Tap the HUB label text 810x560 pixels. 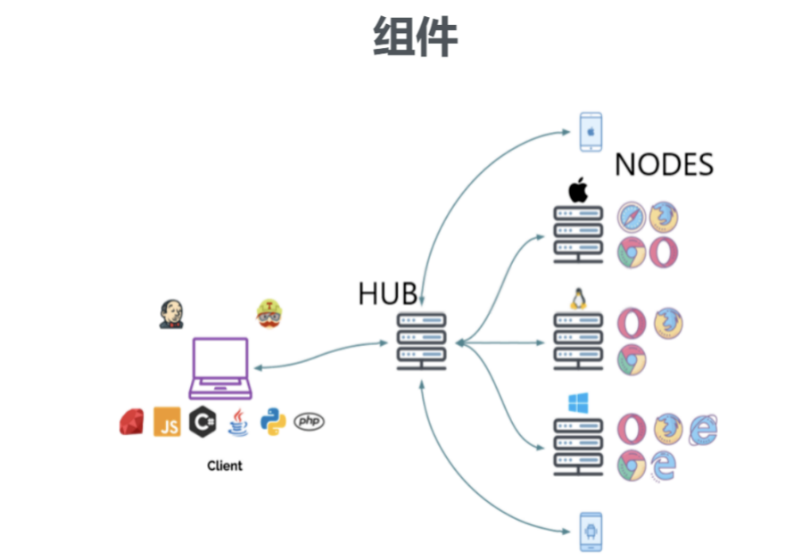click(x=387, y=294)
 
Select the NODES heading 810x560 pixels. click(x=665, y=165)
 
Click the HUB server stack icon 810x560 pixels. click(x=420, y=342)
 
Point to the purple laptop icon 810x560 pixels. click(x=221, y=367)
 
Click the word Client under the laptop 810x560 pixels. click(x=225, y=465)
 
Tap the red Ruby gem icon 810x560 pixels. click(x=131, y=422)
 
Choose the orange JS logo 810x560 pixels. click(x=167, y=422)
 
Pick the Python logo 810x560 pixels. click(x=273, y=421)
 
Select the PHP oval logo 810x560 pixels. click(x=309, y=421)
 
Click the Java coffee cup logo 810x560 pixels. click(x=237, y=422)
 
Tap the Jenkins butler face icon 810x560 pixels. click(x=171, y=313)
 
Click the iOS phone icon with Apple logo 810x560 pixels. click(x=591, y=131)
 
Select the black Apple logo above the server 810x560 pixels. click(x=578, y=190)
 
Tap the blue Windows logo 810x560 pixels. click(x=575, y=403)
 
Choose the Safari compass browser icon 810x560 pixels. click(x=632, y=217)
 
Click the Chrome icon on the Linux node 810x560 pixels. click(x=632, y=358)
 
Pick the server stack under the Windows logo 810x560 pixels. click(x=577, y=447)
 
